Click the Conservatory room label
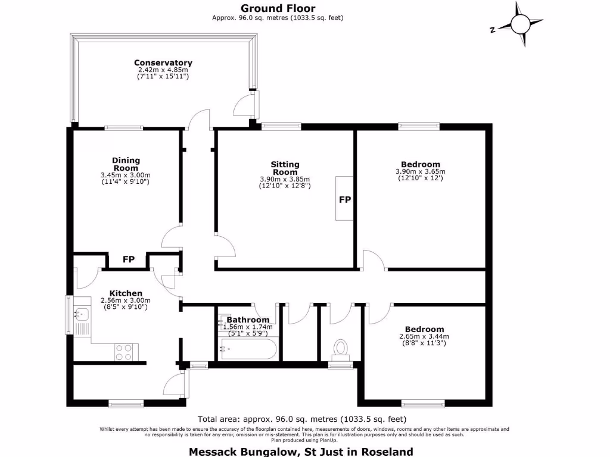(163, 62)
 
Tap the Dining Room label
(126, 164)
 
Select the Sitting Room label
(285, 168)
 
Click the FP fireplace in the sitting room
(344, 199)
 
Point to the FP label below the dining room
(128, 260)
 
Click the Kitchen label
(126, 293)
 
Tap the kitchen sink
(81, 314)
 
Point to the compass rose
(520, 24)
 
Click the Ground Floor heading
(278, 8)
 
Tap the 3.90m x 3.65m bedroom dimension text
(420, 171)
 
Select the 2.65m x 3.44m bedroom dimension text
(424, 336)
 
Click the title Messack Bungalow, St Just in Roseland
(301, 452)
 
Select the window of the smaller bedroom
(422, 403)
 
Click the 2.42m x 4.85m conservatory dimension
(163, 70)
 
